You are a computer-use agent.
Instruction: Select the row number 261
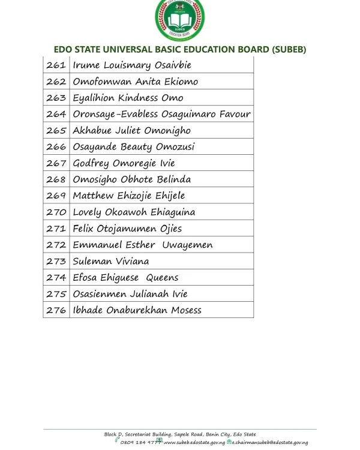(x=56, y=65)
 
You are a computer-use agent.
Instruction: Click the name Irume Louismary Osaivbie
(x=132, y=65)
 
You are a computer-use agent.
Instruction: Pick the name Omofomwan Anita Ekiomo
(x=135, y=82)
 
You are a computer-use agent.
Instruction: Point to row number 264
(x=56, y=114)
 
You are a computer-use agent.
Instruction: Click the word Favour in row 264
(x=235, y=114)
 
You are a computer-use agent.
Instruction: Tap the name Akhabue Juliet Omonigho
(x=131, y=130)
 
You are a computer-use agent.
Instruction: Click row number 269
(x=56, y=196)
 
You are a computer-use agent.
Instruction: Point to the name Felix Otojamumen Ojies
(x=127, y=229)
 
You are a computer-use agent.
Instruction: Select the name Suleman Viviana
(x=111, y=262)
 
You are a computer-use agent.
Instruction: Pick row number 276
(x=56, y=310)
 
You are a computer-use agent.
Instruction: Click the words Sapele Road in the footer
(x=188, y=434)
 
